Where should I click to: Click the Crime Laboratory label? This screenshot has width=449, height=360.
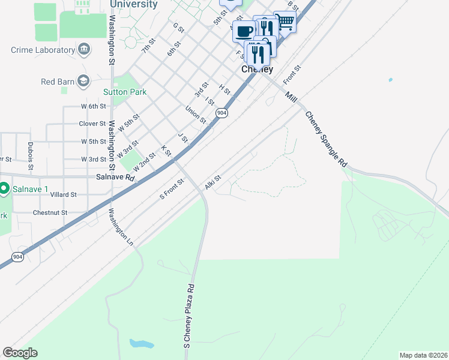[42, 50]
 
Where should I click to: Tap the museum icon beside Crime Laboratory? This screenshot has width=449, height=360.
[83, 49]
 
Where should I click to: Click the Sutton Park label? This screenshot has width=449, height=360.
[124, 92]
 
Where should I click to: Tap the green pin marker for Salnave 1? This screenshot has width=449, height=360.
[4, 189]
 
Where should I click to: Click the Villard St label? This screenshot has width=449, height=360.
[64, 194]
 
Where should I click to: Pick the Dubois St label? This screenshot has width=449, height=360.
[30, 154]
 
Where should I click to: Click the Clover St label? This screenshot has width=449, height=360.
[92, 124]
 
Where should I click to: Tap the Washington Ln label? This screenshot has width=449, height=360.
[121, 227]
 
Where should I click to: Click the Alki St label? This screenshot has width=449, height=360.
[213, 182]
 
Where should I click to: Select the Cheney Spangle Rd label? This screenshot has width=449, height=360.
[326, 139]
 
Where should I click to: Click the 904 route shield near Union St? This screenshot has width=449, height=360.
[222, 113]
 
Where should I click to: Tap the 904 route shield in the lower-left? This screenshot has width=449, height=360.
[18, 257]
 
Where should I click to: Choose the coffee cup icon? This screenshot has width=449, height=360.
[244, 31]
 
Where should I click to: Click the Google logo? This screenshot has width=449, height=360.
[20, 353]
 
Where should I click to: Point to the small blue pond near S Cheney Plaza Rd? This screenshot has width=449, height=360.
[140, 344]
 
